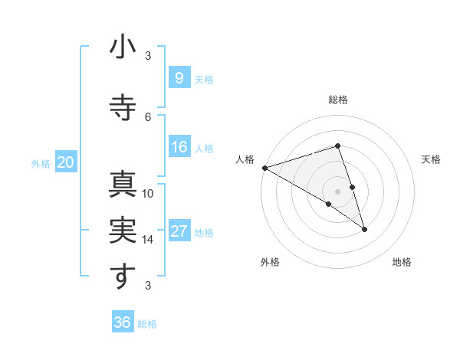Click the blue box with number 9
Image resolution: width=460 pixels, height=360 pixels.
179,77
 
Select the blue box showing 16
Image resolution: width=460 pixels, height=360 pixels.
179,147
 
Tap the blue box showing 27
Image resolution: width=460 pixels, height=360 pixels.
179,231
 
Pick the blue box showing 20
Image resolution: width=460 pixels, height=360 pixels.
66,162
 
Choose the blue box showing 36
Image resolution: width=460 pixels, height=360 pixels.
122,322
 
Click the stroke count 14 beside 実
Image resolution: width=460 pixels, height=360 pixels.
148,240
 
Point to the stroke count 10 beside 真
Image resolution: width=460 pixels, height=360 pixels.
148,193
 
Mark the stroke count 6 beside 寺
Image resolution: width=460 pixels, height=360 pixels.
148,116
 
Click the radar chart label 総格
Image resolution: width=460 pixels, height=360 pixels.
338,100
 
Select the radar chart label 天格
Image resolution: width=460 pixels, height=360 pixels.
432,159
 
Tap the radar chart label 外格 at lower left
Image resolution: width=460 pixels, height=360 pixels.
270,262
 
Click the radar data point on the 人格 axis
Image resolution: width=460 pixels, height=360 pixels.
264,167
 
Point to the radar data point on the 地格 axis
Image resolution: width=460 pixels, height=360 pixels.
364,229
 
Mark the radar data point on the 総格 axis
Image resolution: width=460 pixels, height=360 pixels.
337,146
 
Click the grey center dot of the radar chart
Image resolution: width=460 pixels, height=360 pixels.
337,190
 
